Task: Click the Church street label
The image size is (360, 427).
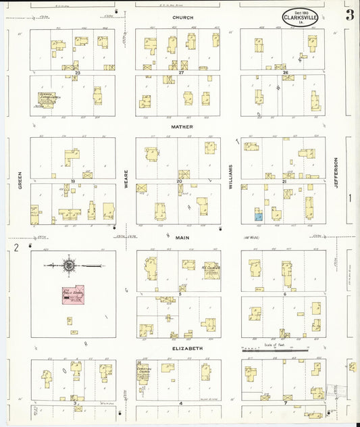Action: (182, 18)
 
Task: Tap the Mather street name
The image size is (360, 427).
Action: (182, 126)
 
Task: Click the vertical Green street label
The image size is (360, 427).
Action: (20, 182)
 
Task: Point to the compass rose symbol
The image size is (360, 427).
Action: (69, 266)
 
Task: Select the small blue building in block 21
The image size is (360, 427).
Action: (258, 217)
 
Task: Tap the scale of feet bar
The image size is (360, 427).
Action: (275, 350)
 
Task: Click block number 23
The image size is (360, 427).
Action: (78, 72)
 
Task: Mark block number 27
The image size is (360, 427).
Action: (181, 72)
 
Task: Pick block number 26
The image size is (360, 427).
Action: (286, 72)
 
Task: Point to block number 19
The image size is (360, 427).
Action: (72, 181)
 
